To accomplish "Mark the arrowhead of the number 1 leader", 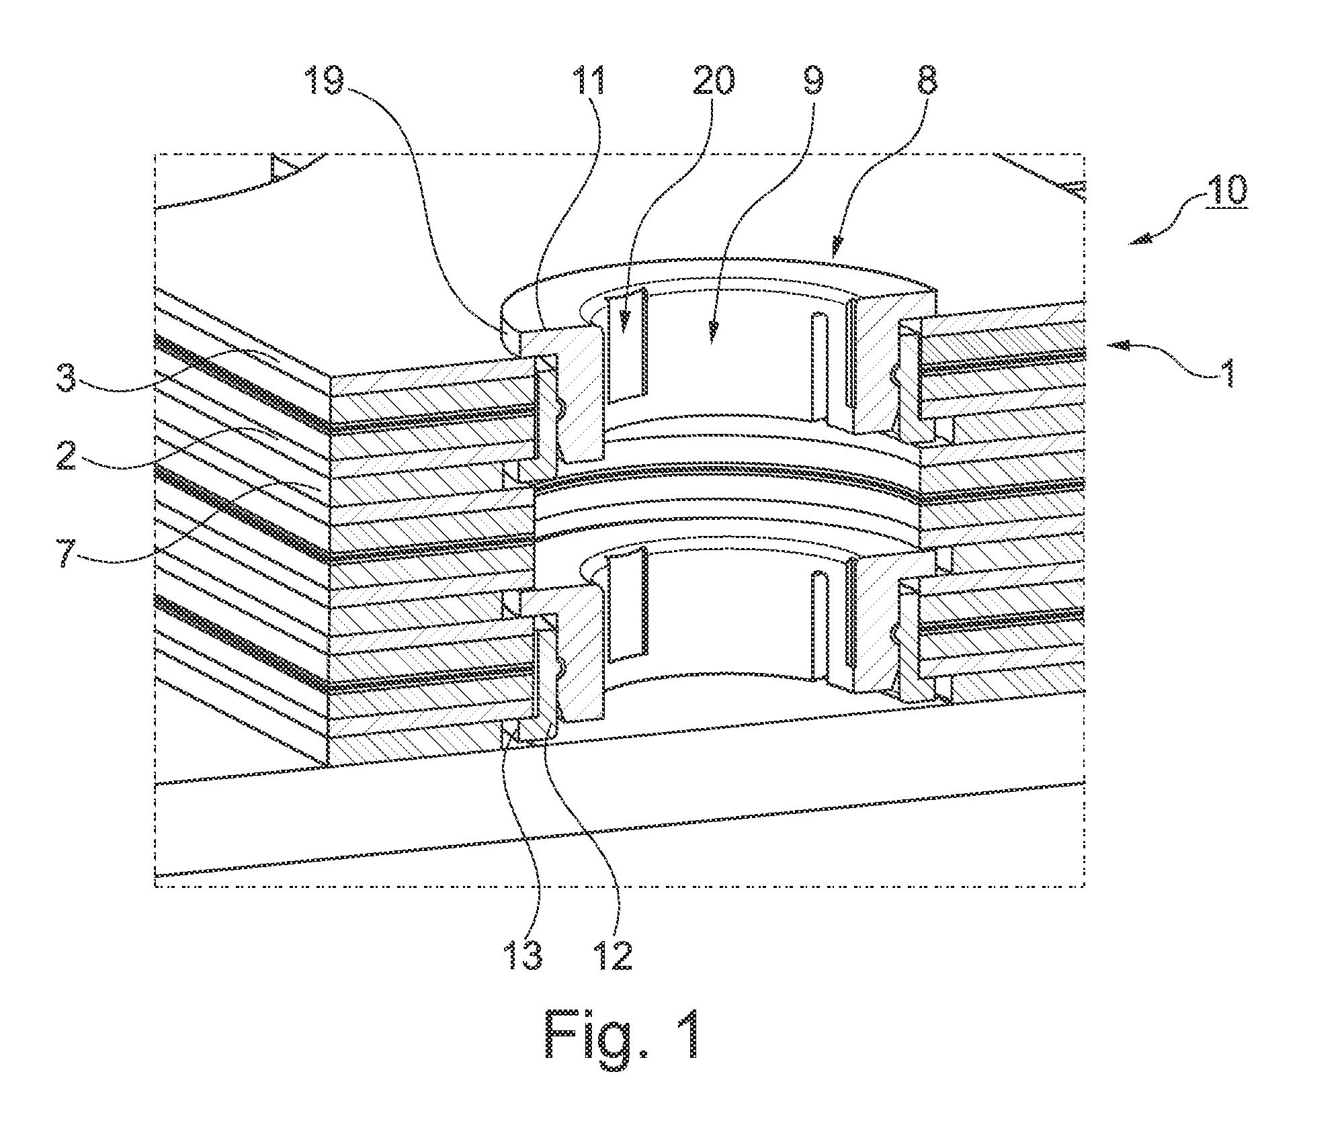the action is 1116,347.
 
